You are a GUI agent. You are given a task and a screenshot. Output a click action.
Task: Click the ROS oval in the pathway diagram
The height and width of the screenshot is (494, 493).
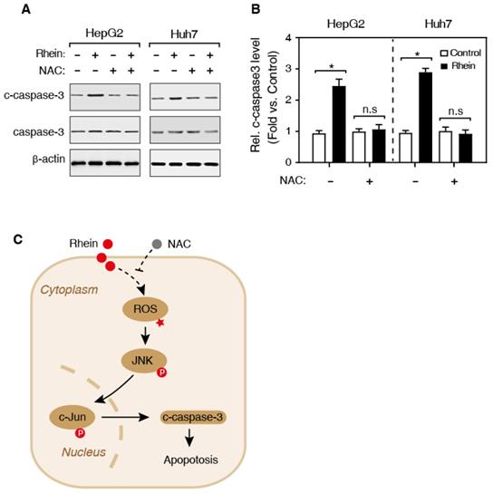click(145, 309)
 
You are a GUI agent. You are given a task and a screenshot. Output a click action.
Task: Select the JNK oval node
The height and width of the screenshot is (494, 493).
click(144, 361)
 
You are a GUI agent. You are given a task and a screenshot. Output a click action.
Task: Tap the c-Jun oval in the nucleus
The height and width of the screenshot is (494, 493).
click(72, 418)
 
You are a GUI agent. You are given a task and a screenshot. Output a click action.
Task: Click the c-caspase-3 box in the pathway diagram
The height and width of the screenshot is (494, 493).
click(193, 418)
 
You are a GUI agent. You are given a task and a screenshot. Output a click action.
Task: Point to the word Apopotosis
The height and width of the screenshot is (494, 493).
click(190, 460)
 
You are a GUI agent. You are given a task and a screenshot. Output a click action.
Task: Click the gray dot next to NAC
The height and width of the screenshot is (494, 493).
click(157, 244)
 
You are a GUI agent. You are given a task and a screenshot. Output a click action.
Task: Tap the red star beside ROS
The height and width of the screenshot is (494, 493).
click(160, 323)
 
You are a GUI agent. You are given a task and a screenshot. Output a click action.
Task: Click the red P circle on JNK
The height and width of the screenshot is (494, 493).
click(162, 373)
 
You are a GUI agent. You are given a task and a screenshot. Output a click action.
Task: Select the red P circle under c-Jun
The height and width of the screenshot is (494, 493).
click(81, 433)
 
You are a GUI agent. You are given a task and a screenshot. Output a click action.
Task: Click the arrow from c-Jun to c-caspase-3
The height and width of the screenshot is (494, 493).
click(125, 418)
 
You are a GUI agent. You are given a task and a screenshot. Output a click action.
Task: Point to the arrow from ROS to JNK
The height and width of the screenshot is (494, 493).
click(145, 335)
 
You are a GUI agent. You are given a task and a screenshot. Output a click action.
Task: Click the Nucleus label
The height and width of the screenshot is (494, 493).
click(83, 452)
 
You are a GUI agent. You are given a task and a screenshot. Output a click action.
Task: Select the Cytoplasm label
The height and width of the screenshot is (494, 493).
click(69, 290)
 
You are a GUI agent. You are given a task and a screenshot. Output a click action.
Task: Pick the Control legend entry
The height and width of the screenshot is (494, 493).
click(460, 53)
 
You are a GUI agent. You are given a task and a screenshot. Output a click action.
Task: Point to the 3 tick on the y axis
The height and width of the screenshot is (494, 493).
click(287, 69)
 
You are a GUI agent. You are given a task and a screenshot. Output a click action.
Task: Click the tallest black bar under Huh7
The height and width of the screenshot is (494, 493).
click(425, 117)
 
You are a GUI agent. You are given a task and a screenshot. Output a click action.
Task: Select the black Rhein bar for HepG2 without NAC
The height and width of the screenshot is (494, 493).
click(339, 124)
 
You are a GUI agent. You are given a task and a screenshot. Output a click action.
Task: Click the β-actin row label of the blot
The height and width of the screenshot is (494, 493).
click(49, 160)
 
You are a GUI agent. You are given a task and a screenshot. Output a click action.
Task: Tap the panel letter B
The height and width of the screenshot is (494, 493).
click(256, 9)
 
